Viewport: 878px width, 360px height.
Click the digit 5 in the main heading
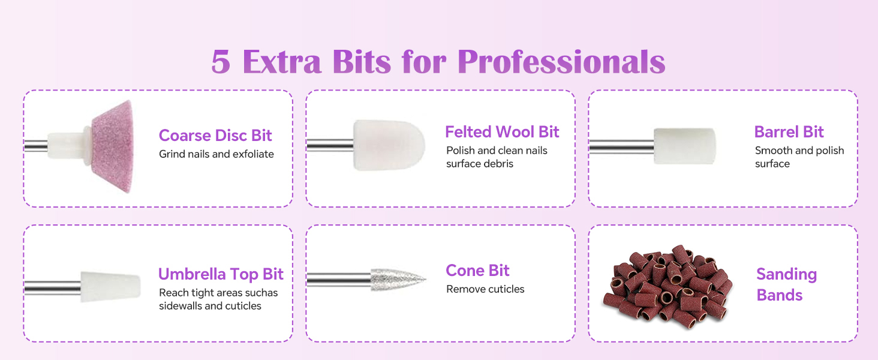pos(221,62)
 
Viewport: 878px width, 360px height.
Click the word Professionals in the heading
pos(561,62)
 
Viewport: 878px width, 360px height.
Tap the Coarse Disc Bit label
pos(215,136)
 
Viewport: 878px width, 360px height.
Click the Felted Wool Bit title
pos(502,132)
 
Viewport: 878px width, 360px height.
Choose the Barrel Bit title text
pos(789,132)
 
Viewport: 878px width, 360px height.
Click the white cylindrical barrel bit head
pos(684,146)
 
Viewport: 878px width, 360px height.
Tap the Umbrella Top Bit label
pos(221,275)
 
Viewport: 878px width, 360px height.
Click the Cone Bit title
pos(477,271)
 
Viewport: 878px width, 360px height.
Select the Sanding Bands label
pos(786,284)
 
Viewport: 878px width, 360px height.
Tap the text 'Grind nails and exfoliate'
pos(216,154)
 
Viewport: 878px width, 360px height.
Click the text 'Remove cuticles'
pos(485,289)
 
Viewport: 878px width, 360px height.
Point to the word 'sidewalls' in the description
pos(180,306)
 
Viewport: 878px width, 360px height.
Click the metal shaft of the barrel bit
pos(621,146)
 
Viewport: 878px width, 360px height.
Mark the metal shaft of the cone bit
pos(338,280)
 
